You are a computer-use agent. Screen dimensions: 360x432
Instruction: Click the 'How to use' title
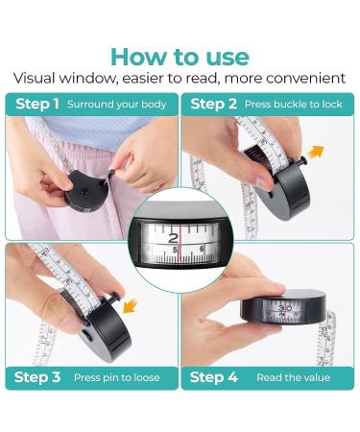click(x=180, y=57)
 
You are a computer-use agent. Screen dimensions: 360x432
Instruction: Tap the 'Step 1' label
click(x=37, y=104)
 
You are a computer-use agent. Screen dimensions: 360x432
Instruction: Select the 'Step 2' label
click(x=214, y=104)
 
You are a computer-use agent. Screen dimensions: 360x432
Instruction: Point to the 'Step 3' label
click(x=37, y=377)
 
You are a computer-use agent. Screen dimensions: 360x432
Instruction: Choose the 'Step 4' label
click(x=214, y=377)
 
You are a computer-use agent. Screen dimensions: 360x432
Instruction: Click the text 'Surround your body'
click(x=117, y=105)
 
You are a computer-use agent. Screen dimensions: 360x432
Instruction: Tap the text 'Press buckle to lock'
click(x=294, y=105)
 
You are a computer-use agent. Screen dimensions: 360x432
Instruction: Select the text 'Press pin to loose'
click(x=117, y=377)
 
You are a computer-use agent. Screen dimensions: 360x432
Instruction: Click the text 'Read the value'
click(x=293, y=377)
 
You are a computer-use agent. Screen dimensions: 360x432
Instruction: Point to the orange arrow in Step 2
click(x=317, y=151)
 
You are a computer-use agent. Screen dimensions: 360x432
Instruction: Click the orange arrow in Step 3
click(x=131, y=306)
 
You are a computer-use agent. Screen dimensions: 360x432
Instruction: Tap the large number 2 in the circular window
click(x=173, y=238)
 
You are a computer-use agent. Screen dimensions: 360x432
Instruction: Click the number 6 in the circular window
click(x=202, y=249)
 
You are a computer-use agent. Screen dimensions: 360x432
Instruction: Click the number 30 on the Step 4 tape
click(x=284, y=308)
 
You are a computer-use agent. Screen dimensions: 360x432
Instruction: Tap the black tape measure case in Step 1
click(x=86, y=191)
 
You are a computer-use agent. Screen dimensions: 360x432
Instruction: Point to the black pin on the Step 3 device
click(x=111, y=298)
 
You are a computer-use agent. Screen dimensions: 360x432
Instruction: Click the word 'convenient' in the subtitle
click(x=306, y=79)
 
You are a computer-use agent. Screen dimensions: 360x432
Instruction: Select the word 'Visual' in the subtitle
click(x=34, y=79)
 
